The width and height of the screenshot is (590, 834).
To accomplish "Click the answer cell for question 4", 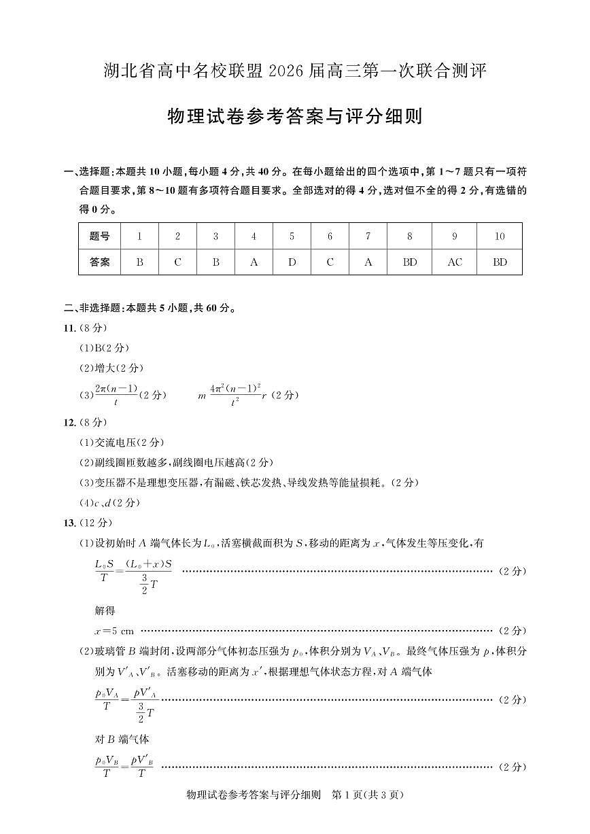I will point(254,262).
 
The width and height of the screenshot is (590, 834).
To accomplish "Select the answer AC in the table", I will point(455,262).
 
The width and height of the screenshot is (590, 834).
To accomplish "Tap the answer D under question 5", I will point(292,262).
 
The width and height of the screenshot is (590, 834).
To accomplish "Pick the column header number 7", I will point(368,237).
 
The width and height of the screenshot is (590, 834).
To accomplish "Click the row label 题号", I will point(99,237).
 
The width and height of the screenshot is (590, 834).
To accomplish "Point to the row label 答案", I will point(99,262).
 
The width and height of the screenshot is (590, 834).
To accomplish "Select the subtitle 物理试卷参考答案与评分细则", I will point(295,116).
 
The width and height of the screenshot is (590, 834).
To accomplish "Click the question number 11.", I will point(69,328).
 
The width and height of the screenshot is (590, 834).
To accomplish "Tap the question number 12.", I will point(69,422).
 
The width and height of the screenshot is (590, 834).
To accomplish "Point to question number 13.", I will point(69,523).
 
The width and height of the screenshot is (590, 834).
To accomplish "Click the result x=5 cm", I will point(114,630).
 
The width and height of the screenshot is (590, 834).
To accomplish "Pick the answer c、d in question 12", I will point(103,503).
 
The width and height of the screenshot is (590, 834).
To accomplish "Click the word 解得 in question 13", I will point(105,610).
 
